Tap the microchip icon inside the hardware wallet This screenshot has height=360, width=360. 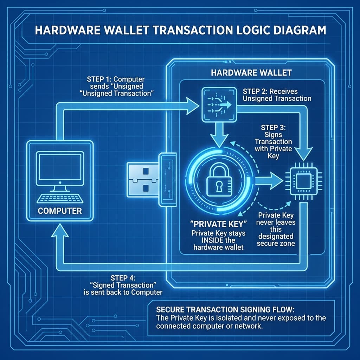click(x=301, y=182)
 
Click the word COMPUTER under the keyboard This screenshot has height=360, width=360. click(x=60, y=211)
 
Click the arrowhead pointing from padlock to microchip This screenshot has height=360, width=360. click(x=276, y=181)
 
